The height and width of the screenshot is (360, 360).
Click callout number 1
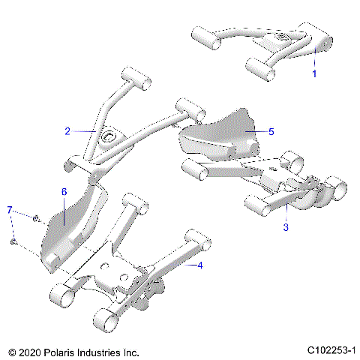point(314,74)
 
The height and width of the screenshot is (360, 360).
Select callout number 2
point(67,130)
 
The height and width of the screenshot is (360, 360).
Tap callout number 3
point(286,226)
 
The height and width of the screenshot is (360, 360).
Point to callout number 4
point(199,265)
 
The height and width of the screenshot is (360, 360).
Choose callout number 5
point(271,131)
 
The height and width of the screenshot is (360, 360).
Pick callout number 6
point(64,192)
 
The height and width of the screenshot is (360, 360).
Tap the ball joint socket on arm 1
point(283,39)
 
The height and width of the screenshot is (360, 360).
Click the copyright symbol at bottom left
point(10,351)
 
